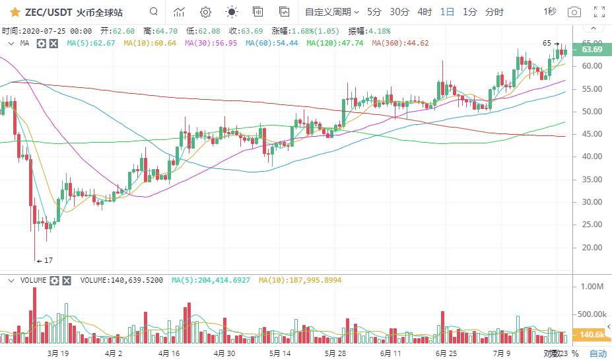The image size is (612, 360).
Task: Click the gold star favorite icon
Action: pyautogui.click(x=15, y=12)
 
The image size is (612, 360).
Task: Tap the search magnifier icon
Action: pyautogui.click(x=154, y=12)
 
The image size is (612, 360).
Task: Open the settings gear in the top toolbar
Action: pyautogui.click(x=205, y=12)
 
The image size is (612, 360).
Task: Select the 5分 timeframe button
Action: pyautogui.click(x=374, y=12)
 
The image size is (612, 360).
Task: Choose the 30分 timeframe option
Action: pyautogui.click(x=399, y=12)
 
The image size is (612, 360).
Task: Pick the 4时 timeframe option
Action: pyautogui.click(x=425, y=12)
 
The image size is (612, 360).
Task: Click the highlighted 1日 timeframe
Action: pyautogui.click(x=447, y=12)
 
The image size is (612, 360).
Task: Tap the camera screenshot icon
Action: pyautogui.click(x=574, y=12)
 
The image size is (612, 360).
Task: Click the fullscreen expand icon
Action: pyautogui.click(x=599, y=12)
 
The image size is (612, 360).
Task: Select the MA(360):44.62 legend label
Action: pyautogui.click(x=400, y=43)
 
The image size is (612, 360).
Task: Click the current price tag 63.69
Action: pyautogui.click(x=592, y=50)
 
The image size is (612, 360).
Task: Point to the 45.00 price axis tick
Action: pyautogui.click(x=592, y=134)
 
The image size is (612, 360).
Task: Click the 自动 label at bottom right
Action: pyautogui.click(x=597, y=353)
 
